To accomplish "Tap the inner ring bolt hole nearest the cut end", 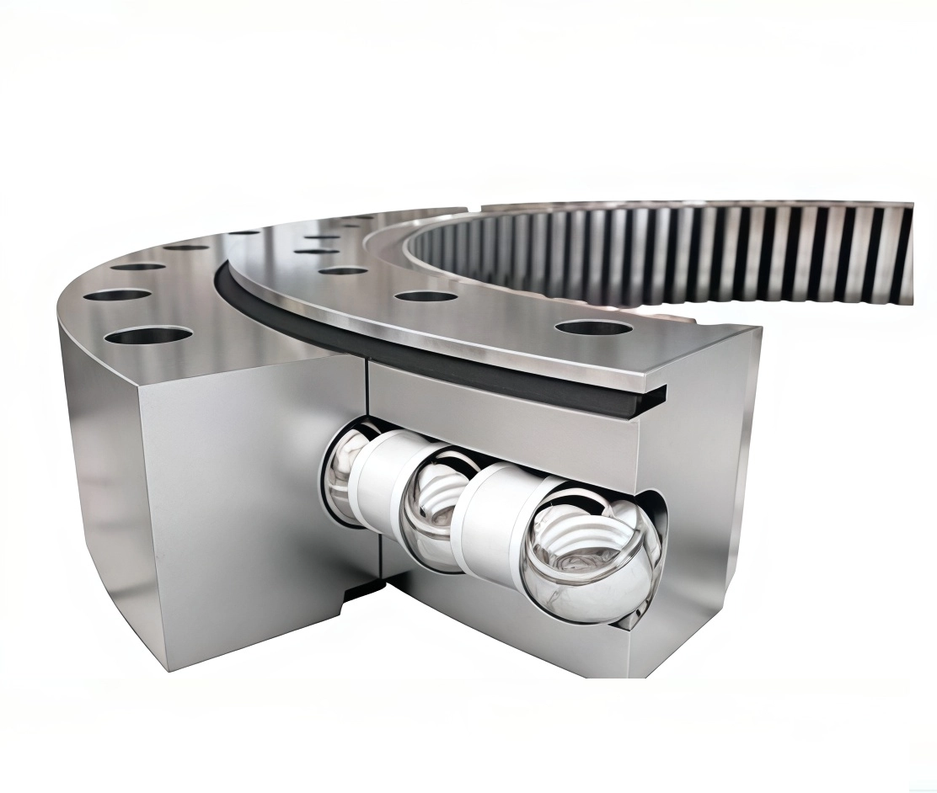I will [594, 327].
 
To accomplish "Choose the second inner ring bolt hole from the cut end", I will [426, 295].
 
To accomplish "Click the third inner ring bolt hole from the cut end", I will [342, 270].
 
